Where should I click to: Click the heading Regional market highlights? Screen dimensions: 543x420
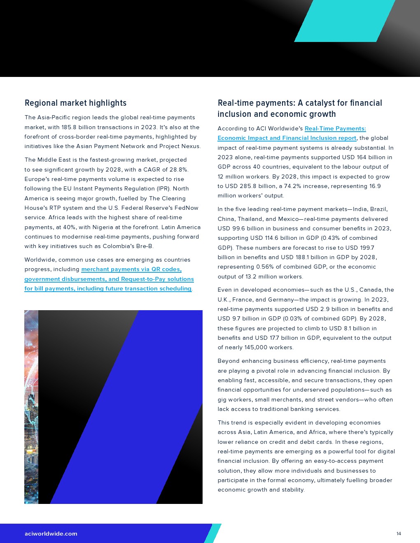(75, 103)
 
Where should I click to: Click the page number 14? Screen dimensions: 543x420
(399, 534)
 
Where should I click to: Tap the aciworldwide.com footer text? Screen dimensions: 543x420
(51, 534)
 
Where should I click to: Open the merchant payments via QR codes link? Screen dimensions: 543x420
(131, 269)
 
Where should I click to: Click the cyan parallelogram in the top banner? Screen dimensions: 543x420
(345, 21)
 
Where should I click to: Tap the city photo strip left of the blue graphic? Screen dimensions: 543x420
(31, 407)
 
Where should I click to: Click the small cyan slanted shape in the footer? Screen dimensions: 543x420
(213, 533)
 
